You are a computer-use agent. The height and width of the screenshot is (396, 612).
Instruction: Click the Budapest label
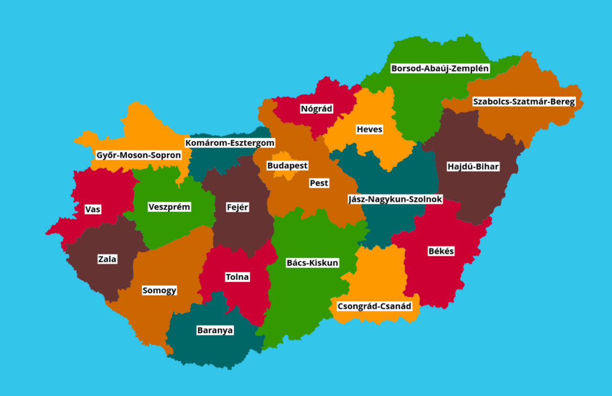[287, 166]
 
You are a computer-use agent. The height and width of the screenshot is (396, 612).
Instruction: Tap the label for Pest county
[319, 183]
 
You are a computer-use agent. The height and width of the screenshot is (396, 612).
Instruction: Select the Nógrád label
[316, 108]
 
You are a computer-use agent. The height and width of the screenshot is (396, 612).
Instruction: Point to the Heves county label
[369, 129]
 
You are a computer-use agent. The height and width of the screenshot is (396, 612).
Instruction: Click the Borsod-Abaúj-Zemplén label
[440, 68]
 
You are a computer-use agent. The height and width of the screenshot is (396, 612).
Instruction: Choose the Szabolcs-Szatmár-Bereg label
[524, 102]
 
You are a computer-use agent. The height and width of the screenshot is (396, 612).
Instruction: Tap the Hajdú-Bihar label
[473, 167]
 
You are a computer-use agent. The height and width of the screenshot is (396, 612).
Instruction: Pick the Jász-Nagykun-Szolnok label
[395, 199]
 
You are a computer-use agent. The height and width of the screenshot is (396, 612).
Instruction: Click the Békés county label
[441, 251]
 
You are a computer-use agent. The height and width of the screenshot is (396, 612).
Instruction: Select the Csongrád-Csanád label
[374, 306]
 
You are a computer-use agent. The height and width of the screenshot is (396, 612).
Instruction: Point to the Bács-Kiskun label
[312, 263]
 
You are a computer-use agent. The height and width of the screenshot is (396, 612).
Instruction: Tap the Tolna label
[237, 277]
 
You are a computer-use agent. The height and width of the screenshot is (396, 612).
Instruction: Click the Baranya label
[215, 330]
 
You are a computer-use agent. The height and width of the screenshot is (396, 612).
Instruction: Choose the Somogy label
[159, 290]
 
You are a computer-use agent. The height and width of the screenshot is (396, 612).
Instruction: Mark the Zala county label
[107, 259]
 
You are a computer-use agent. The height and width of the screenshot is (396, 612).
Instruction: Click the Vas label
[93, 209]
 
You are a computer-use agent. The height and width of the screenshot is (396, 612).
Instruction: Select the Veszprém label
[169, 207]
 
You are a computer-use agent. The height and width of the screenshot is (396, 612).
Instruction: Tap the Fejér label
[238, 207]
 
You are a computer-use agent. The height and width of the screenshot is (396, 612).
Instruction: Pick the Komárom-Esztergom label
[230, 143]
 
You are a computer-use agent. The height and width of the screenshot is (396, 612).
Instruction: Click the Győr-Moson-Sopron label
[139, 155]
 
